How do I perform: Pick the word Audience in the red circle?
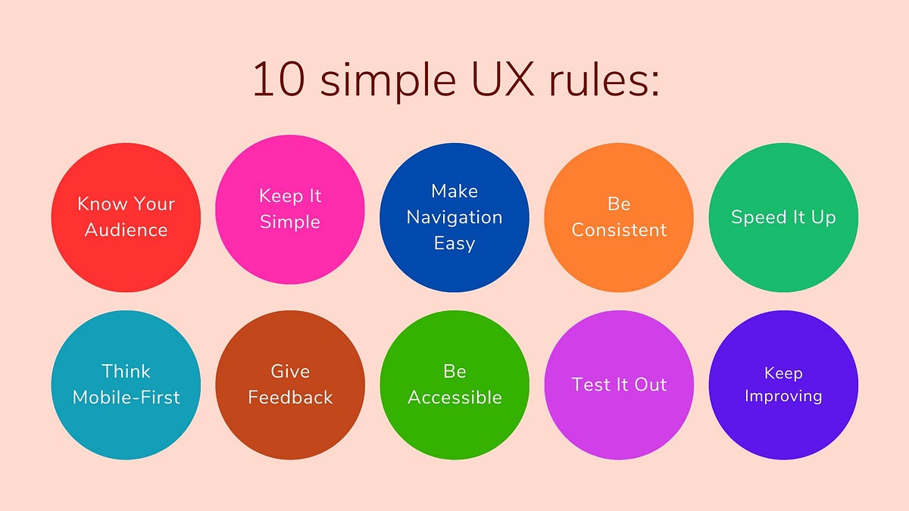[x=126, y=230]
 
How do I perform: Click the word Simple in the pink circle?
[x=290, y=223]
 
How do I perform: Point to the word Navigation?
[x=454, y=217]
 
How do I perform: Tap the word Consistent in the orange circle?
[x=619, y=230]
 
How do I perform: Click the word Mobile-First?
[x=126, y=397]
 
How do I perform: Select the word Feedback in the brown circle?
[x=290, y=397]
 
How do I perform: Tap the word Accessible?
[x=454, y=397]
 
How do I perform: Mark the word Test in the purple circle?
[x=591, y=385]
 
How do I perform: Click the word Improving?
[x=783, y=397]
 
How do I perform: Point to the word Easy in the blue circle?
[x=454, y=244]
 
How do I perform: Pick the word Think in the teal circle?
[x=126, y=371]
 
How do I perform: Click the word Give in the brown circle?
[x=290, y=371]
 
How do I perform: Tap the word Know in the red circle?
[x=100, y=204]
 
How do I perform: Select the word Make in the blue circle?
[x=454, y=191]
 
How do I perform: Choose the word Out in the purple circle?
[x=651, y=385]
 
